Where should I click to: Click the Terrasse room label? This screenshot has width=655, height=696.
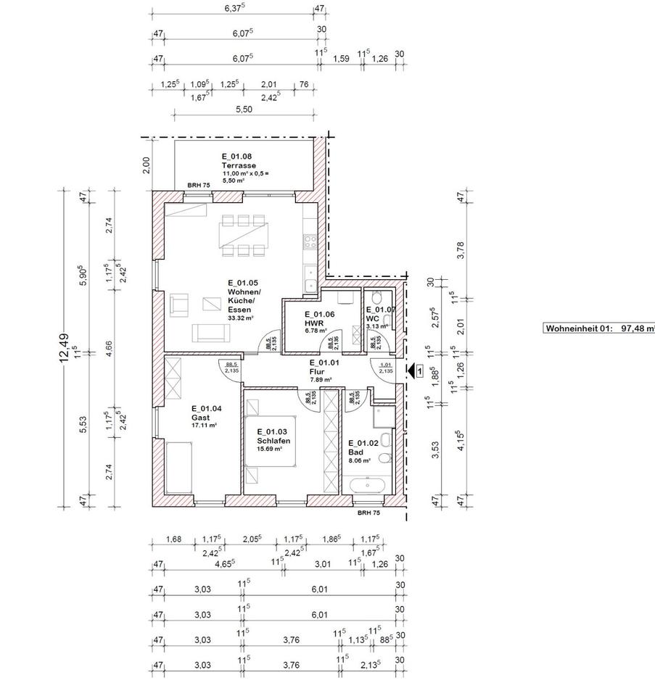236,166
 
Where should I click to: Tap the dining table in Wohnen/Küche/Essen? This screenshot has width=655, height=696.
244,235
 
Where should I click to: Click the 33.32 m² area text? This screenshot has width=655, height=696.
239,318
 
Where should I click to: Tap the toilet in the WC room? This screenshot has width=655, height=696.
376,299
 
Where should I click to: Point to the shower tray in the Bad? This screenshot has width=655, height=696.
382,416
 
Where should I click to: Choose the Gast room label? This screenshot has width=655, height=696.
201,418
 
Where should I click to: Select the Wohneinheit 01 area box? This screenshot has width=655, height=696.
599,328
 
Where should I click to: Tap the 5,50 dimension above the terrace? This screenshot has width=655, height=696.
244,109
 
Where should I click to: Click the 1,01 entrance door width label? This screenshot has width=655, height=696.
385,365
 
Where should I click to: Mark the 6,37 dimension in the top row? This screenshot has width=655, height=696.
234,9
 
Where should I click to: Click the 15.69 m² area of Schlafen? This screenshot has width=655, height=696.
269,449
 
